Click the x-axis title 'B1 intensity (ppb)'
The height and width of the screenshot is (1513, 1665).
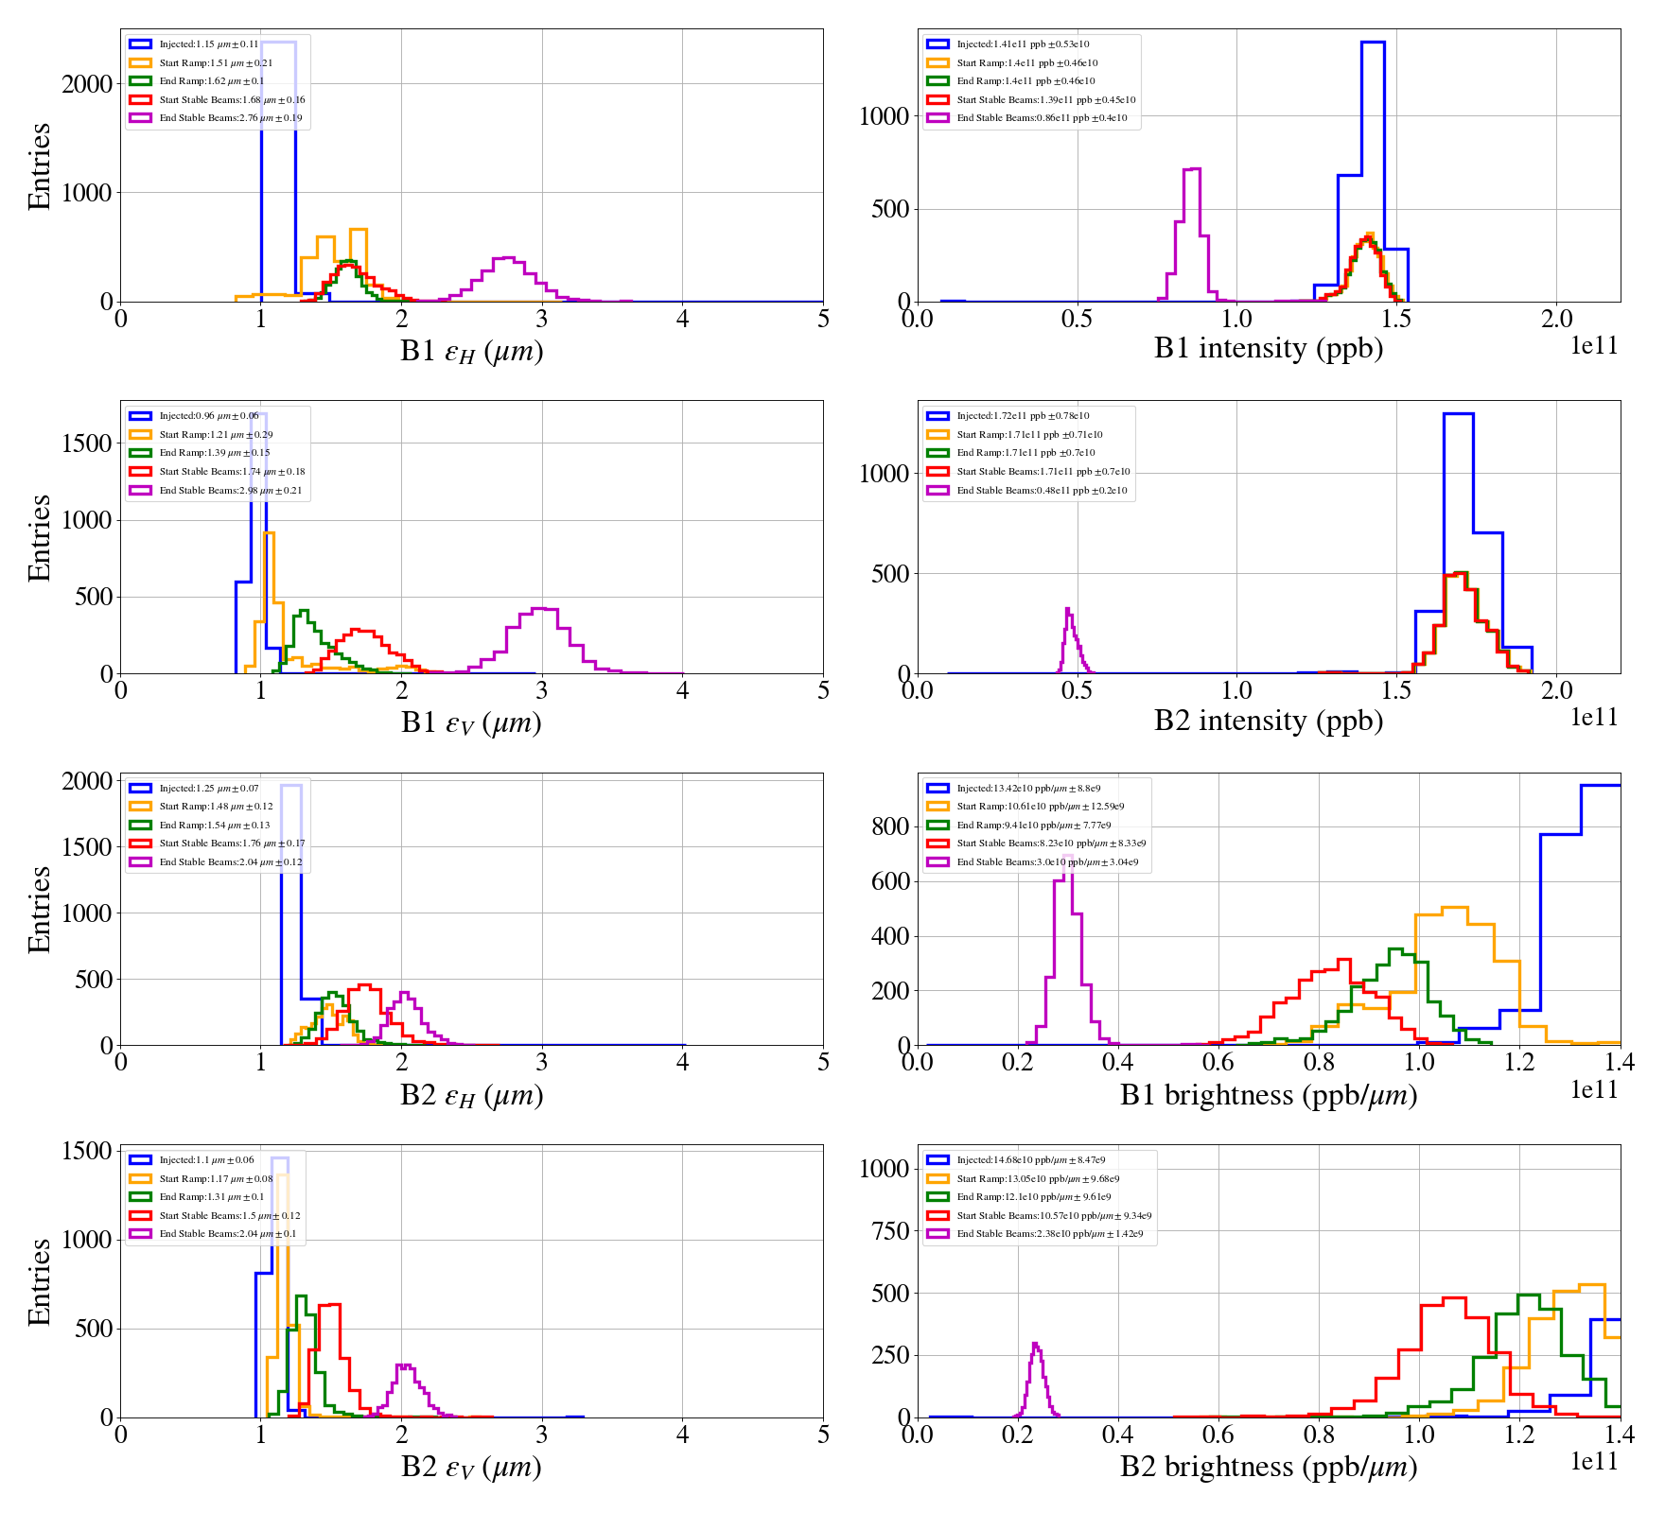coord(1268,349)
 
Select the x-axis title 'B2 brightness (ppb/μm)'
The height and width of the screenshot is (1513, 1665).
coord(1268,1467)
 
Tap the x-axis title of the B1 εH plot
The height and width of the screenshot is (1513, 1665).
coord(471,351)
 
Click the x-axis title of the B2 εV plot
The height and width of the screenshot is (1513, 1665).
coord(471,1467)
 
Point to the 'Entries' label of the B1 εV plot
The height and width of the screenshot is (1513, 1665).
coord(40,537)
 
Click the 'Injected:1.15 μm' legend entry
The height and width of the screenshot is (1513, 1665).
coord(208,44)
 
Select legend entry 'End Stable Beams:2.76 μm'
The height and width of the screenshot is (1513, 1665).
coord(230,118)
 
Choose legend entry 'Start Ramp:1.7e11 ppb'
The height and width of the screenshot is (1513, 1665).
coord(1029,435)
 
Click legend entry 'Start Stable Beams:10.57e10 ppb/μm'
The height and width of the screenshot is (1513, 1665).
coord(1054,1216)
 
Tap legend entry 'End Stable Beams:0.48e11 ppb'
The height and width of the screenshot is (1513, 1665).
coord(1042,491)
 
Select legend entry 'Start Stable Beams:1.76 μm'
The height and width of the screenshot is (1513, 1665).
coord(232,843)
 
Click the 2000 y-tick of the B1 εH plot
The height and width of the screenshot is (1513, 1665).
coord(87,84)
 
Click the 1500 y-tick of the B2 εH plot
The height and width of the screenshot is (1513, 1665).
coord(87,847)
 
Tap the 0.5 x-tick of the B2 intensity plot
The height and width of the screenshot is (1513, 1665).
coord(1077,689)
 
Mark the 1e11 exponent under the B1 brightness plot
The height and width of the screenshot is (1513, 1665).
coord(1594,1090)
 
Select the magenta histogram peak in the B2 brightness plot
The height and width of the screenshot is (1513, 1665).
coord(1036,1345)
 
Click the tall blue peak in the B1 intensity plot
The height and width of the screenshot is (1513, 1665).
coord(1373,43)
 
